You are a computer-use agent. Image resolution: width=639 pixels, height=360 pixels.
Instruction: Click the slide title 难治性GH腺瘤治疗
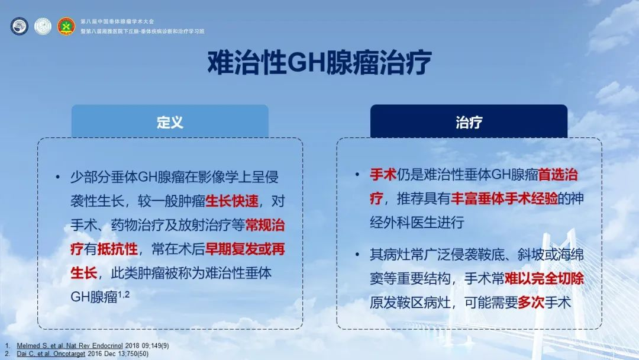pos(319,63)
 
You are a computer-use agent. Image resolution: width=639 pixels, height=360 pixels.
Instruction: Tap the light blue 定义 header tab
pos(170,121)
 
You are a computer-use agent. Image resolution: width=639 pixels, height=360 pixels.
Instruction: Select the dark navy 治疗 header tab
pos(469,121)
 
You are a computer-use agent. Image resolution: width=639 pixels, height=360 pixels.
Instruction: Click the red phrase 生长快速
pos(232,201)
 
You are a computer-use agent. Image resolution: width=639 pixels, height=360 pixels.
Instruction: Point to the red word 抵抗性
pos(117,249)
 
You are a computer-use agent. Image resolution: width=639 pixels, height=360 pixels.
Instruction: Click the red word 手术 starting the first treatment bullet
pos(383,175)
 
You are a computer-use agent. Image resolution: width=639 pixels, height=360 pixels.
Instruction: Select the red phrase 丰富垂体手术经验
pos(504,198)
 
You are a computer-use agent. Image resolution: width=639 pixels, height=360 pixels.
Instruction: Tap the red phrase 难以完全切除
pos(544,278)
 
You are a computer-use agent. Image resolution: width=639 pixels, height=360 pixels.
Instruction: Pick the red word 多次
pos(531,303)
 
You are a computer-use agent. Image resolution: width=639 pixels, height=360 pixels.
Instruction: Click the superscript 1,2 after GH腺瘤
pos(124,294)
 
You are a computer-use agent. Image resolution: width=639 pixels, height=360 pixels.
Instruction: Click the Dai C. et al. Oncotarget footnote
pos(82,354)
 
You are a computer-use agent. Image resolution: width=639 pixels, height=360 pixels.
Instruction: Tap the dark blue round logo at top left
pos(19,26)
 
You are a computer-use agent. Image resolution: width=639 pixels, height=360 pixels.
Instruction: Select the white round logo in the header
pos(43,26)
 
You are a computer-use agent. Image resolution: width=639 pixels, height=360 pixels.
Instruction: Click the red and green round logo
pos(66,26)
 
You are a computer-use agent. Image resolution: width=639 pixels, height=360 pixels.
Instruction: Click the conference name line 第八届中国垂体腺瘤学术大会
pos(117,21)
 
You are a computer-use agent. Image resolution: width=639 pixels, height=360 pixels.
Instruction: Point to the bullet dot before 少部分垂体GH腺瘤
pos(58,177)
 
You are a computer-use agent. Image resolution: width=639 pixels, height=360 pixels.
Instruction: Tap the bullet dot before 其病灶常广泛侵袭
pos(357,255)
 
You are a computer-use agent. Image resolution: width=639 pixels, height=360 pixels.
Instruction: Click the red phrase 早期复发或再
pos(245,249)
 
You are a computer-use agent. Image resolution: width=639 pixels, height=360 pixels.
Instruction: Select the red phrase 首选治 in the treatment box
pos(558,175)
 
